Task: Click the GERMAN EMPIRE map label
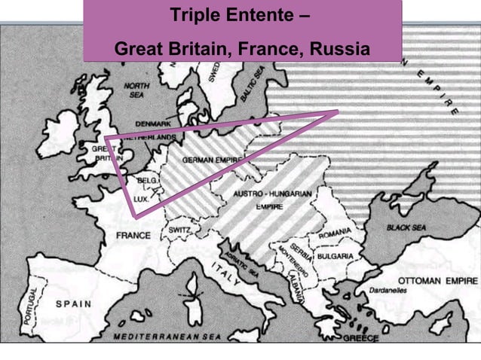coord(212,161)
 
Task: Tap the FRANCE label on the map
coord(133,235)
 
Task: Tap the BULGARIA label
coord(335,257)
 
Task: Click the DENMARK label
coord(153,123)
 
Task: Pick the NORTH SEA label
coord(136,90)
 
